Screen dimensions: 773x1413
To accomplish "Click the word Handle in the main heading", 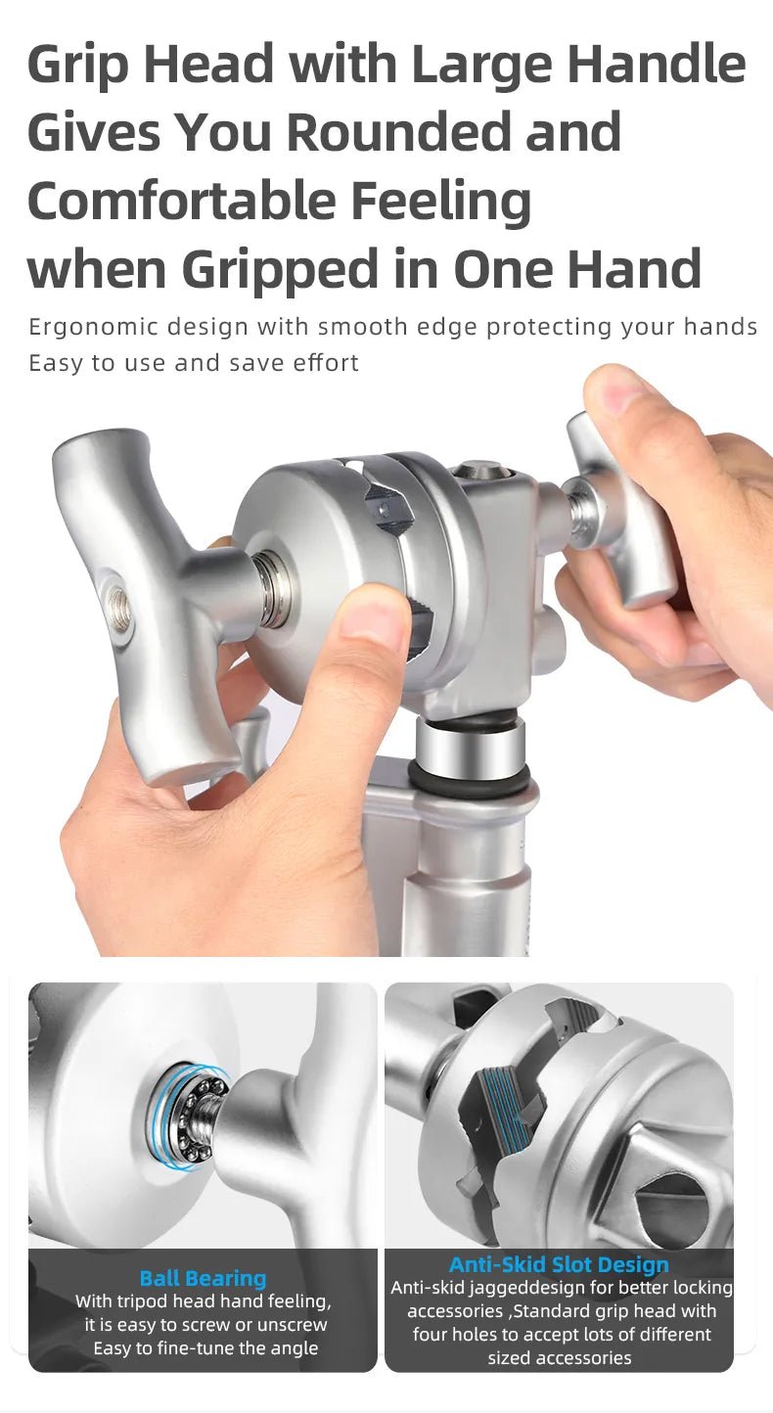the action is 657,65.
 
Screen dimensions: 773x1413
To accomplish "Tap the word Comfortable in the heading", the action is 181,201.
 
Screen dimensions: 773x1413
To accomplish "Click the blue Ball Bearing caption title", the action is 204,1279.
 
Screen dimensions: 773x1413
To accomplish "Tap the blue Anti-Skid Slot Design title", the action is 559,1265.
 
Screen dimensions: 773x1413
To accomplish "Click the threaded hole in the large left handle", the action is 118,608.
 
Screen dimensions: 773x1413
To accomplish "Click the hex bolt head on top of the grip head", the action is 477,470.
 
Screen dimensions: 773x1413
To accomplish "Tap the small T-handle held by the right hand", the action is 621,511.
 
